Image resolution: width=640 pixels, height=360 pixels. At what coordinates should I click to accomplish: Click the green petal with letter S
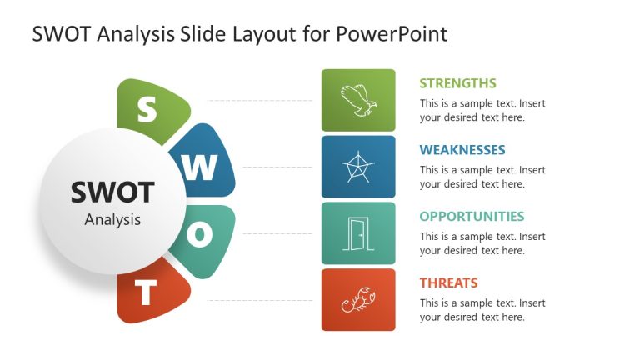pyautogui.click(x=147, y=109)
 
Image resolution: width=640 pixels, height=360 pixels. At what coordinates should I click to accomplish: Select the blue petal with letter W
pyautogui.click(x=200, y=167)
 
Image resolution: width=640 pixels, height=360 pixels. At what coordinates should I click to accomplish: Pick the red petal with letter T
pyautogui.click(x=148, y=293)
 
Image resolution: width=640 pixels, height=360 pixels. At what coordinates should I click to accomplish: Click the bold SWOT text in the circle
pyautogui.click(x=112, y=192)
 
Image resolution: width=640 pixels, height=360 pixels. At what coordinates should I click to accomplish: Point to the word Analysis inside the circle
pyautogui.click(x=112, y=220)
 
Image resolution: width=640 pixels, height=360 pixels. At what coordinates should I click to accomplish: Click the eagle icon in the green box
pyautogui.click(x=358, y=100)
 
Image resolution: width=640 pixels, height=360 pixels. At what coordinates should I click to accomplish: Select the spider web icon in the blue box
pyautogui.click(x=358, y=167)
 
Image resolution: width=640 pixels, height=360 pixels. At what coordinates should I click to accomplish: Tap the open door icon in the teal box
pyautogui.click(x=358, y=233)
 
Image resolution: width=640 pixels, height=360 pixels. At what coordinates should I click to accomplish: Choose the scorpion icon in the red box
pyautogui.click(x=358, y=300)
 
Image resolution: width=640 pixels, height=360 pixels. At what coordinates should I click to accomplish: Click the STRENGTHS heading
pyautogui.click(x=457, y=83)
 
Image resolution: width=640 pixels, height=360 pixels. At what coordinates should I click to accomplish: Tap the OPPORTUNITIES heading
pyautogui.click(x=472, y=216)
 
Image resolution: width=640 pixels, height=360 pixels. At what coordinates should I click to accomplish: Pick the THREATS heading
pyautogui.click(x=448, y=282)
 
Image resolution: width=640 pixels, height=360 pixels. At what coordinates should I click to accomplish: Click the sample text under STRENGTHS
pyautogui.click(x=482, y=111)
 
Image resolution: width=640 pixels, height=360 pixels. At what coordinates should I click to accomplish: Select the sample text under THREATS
pyautogui.click(x=482, y=310)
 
